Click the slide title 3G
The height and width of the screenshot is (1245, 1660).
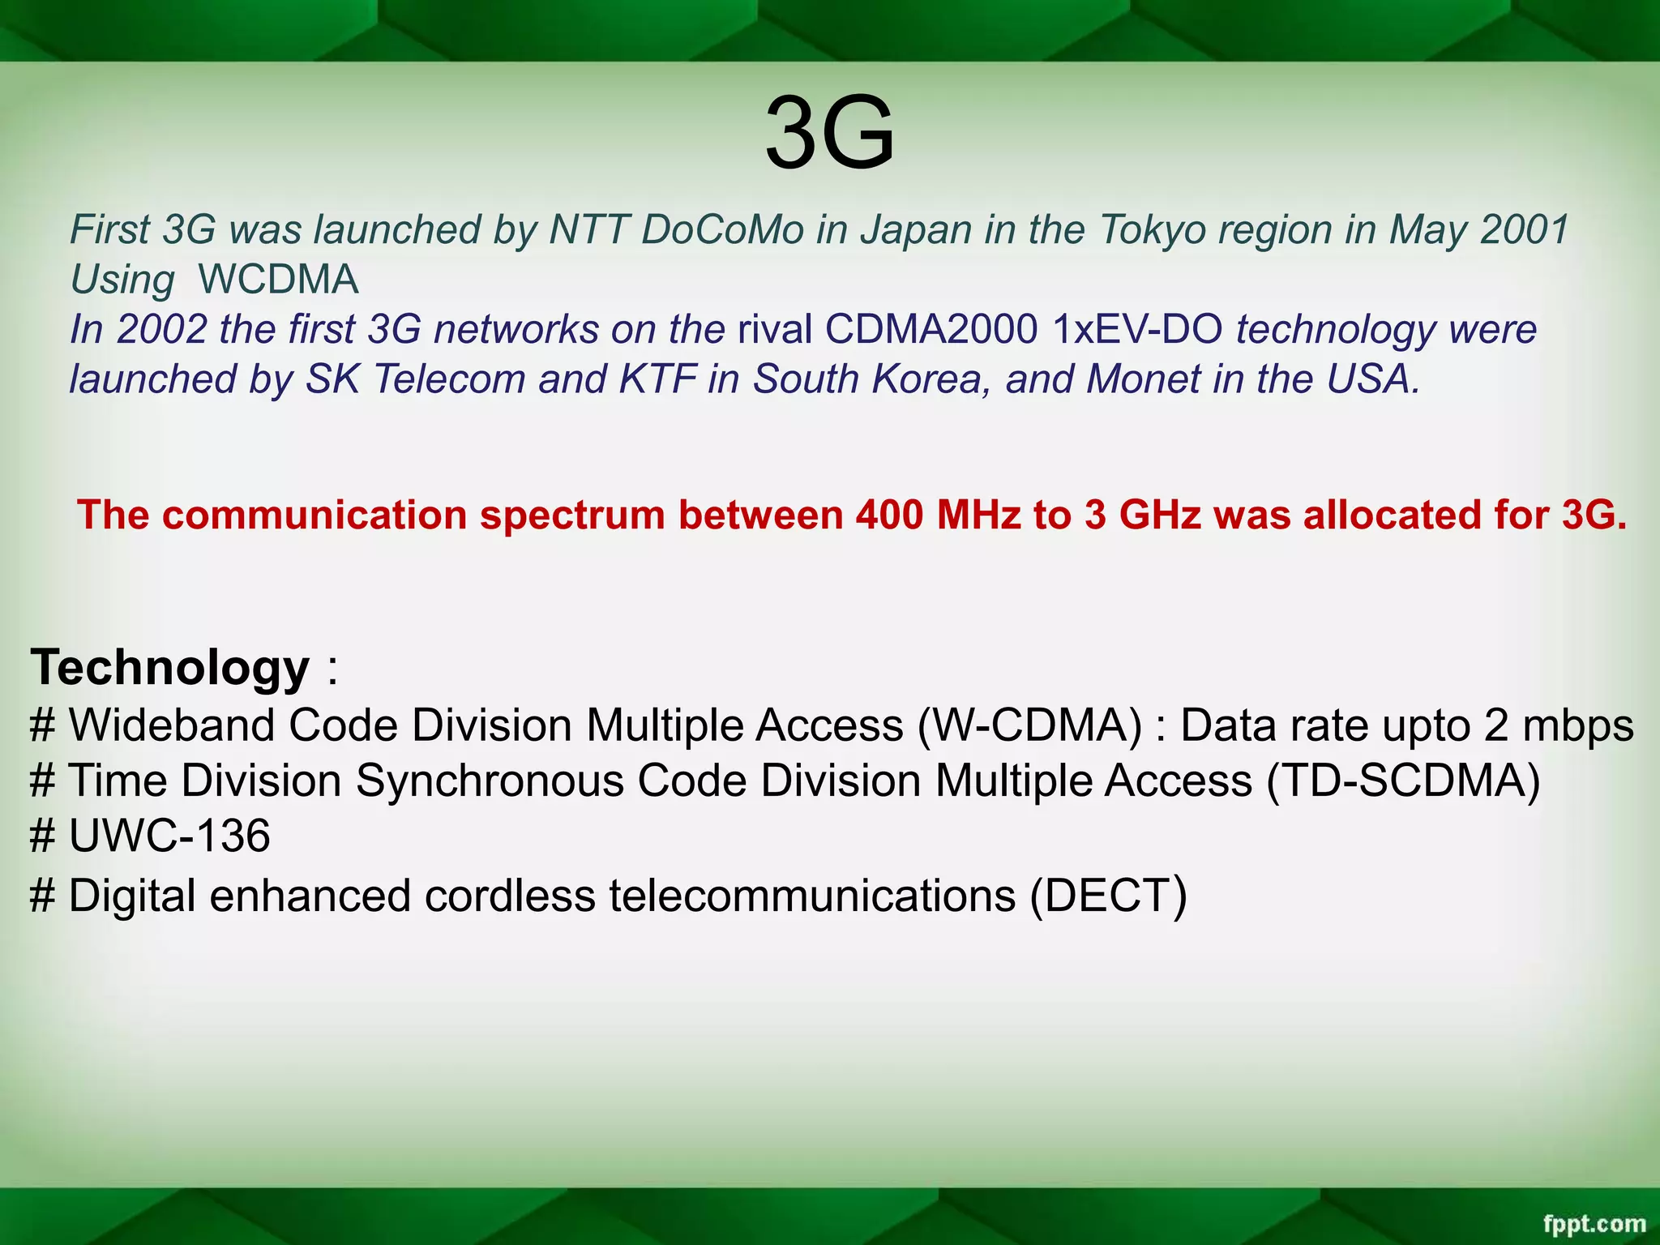[x=829, y=134]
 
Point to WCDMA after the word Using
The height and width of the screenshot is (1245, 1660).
[x=278, y=280]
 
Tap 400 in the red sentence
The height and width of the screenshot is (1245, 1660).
[x=889, y=516]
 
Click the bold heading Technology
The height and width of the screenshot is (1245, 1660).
[x=170, y=668]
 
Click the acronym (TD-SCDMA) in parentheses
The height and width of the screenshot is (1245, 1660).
[x=1402, y=781]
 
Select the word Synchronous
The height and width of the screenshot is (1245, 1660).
[x=490, y=781]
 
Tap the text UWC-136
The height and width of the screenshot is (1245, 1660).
[x=169, y=836]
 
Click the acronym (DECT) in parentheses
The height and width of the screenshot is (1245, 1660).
[x=1108, y=896]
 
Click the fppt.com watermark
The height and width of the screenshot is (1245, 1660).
[x=1594, y=1223]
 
